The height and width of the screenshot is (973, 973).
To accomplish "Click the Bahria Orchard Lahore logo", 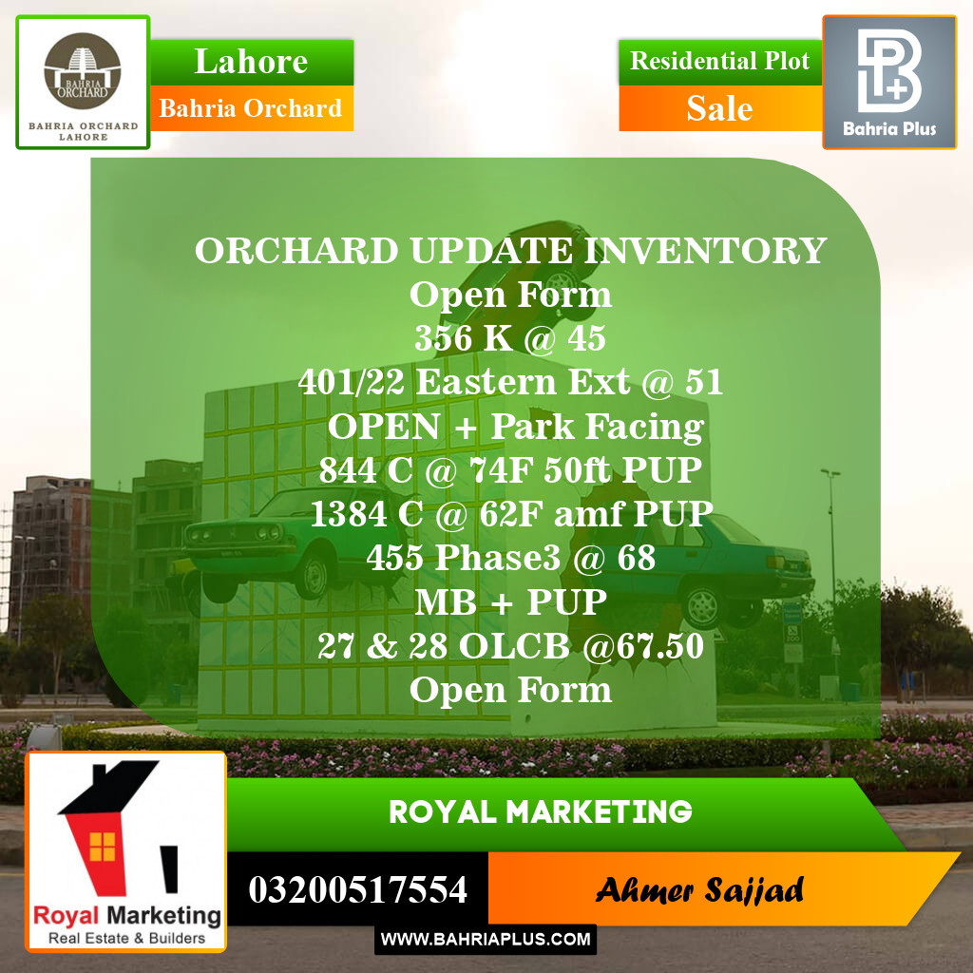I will tap(83, 83).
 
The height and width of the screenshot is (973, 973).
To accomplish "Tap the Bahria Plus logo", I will tap(888, 82).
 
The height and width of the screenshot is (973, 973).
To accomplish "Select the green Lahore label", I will tap(251, 62).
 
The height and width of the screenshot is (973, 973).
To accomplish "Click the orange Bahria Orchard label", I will tap(251, 108).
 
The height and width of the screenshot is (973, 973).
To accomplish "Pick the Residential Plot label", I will tap(719, 62).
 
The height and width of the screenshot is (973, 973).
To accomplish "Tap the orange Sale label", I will tap(719, 108).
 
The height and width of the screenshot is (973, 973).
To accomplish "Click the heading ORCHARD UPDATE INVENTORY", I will tap(510, 251).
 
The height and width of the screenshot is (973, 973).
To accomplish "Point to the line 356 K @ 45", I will tap(510, 338).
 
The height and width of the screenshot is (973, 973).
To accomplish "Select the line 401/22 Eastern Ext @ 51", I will tap(510, 382).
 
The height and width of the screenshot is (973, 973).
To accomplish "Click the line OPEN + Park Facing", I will tap(515, 427).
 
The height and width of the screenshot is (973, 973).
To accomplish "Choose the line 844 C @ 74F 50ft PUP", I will tap(510, 470).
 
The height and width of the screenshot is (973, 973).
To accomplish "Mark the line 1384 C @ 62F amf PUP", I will tap(510, 514).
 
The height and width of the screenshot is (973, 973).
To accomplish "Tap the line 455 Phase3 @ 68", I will tap(510, 558).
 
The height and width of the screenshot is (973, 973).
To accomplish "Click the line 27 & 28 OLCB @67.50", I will tap(510, 646).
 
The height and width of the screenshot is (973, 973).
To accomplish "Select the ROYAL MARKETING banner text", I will tap(540, 812).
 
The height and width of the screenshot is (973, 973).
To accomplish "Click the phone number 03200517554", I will tap(357, 890).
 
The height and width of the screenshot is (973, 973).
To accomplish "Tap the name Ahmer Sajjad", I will tap(699, 890).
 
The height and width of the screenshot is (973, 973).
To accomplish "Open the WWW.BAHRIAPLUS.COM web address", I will tap(486, 940).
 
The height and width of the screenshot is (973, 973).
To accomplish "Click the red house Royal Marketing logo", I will tap(126, 851).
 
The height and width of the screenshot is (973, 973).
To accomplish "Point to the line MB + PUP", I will tap(510, 602).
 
